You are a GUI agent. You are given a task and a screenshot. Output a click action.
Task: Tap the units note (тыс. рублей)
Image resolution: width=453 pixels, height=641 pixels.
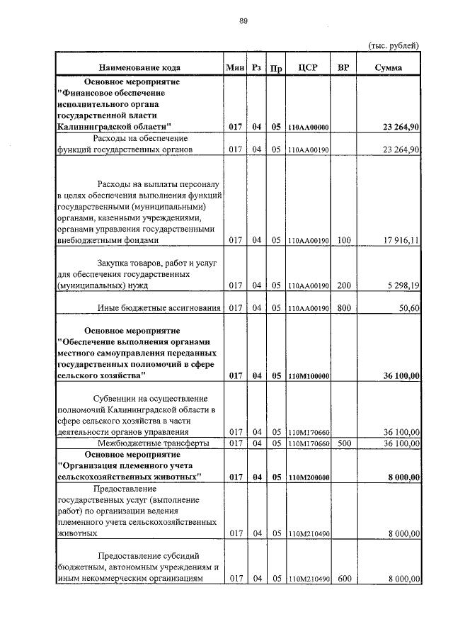(x=394, y=45)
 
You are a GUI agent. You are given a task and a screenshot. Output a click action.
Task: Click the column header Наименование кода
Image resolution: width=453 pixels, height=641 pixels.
(x=139, y=68)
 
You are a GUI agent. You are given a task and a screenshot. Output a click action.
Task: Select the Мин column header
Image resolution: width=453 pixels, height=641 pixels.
(x=234, y=68)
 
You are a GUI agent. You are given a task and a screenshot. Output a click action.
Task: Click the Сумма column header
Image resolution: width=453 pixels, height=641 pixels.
(x=389, y=68)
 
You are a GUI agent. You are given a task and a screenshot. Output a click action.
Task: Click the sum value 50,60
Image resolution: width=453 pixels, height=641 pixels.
(x=408, y=307)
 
